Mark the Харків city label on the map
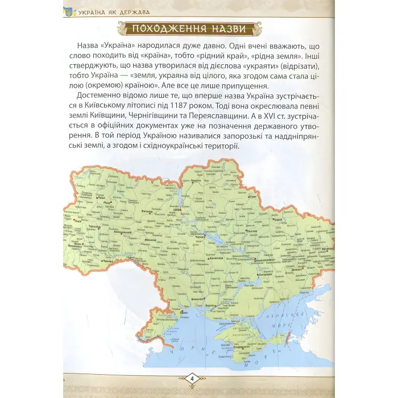(279, 219)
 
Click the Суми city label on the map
(254, 197)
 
